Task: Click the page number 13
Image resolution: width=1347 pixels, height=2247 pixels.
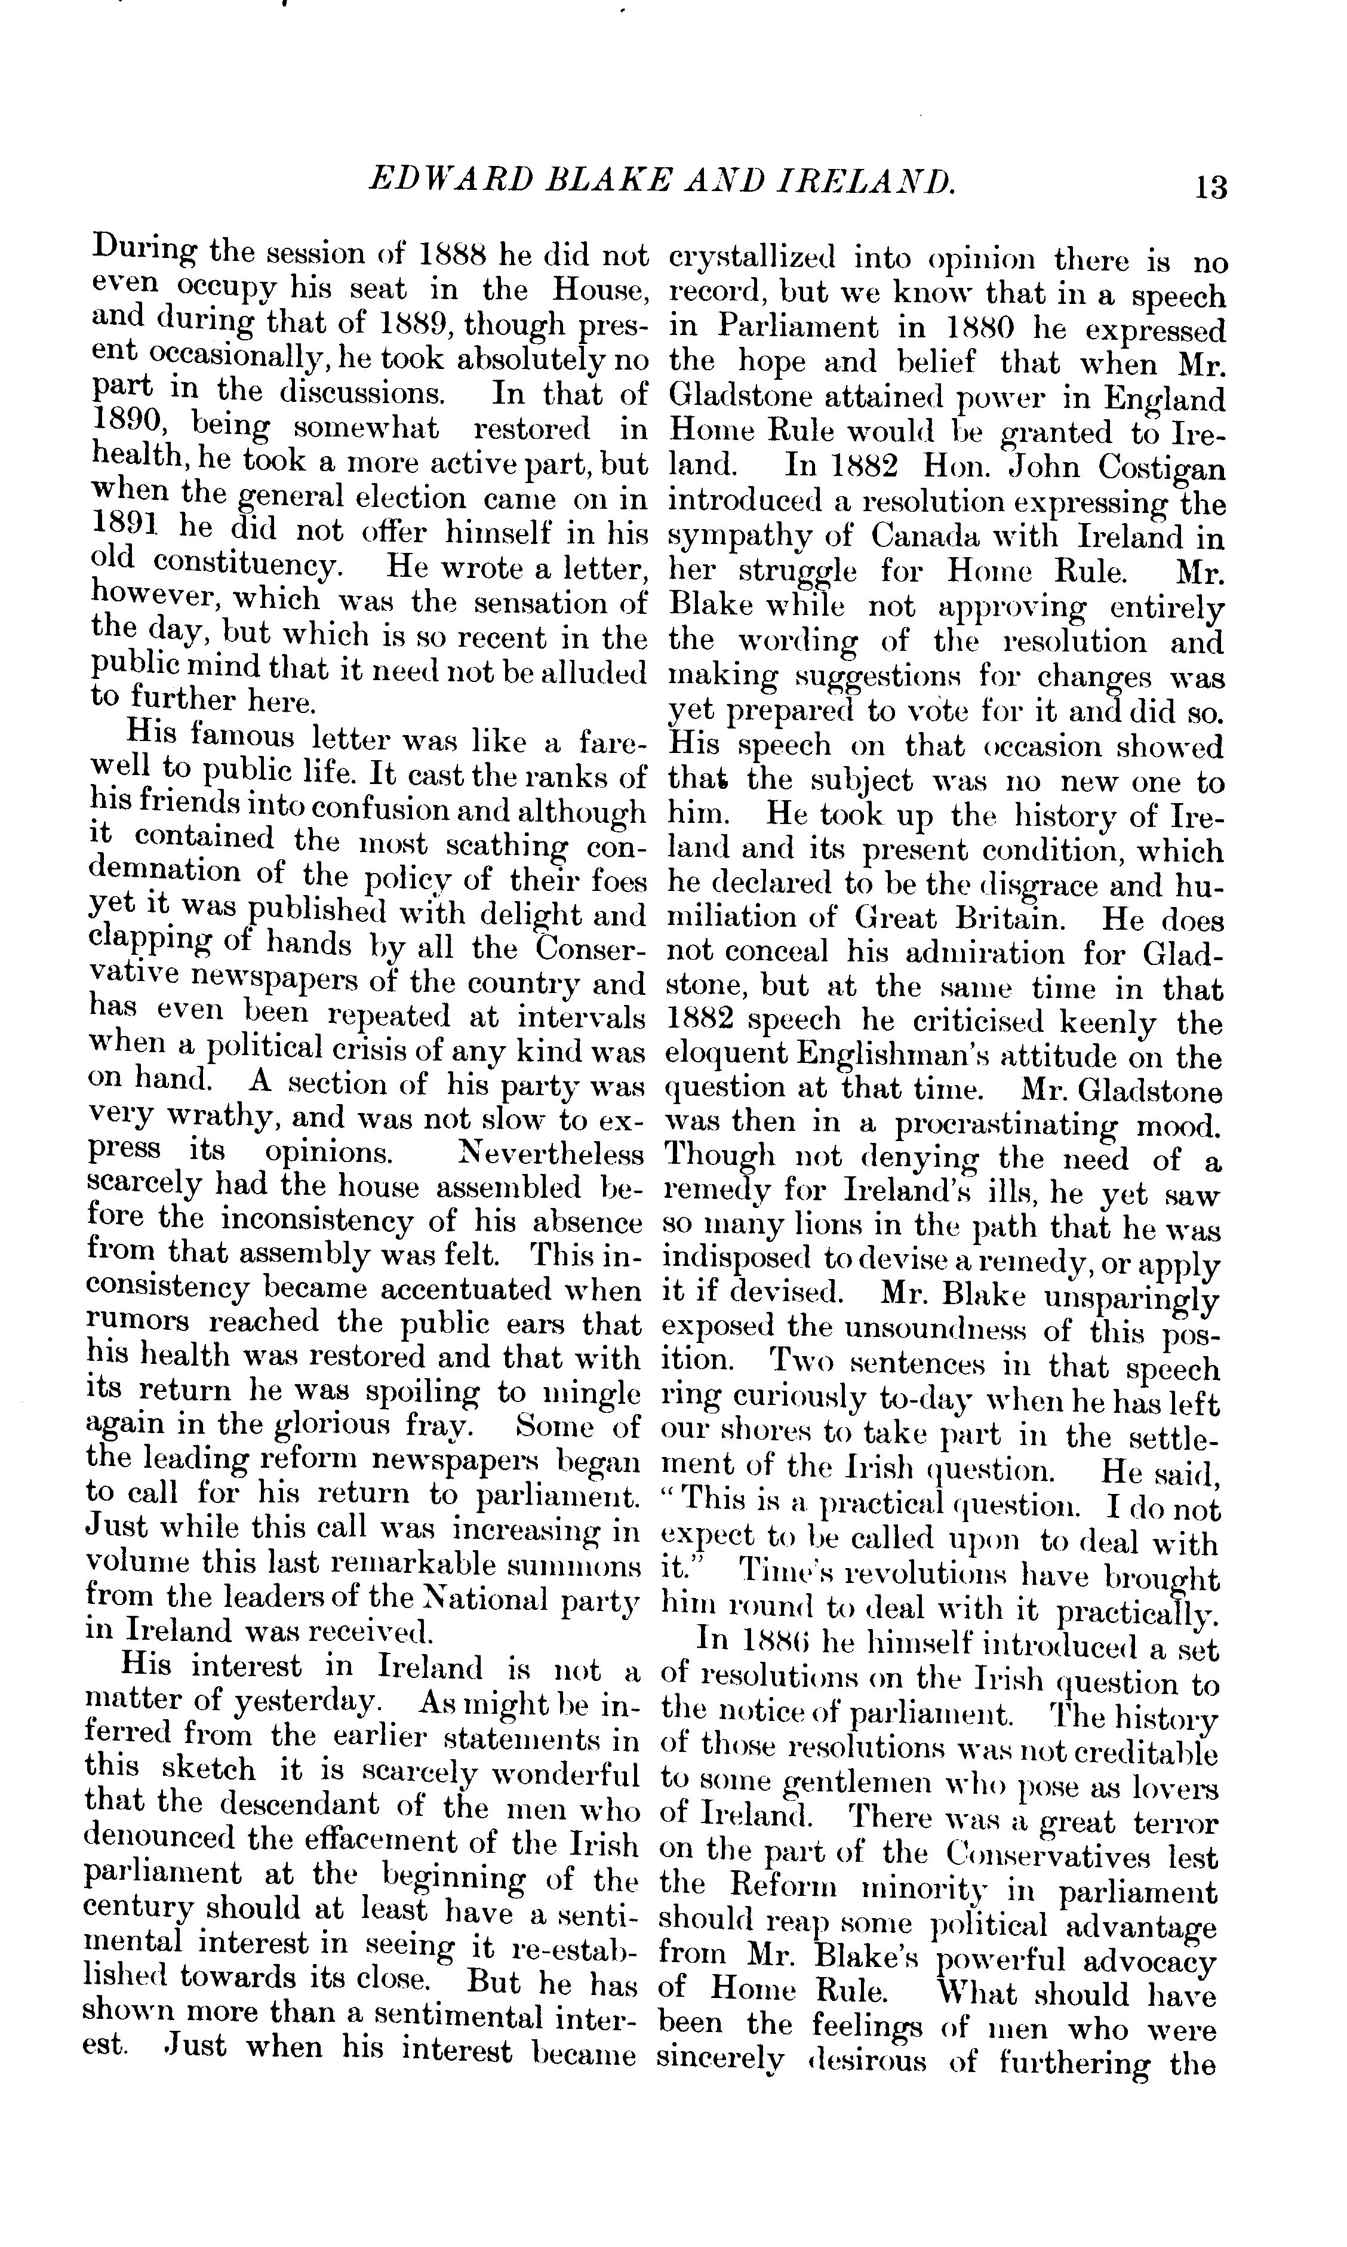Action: click(1211, 186)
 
